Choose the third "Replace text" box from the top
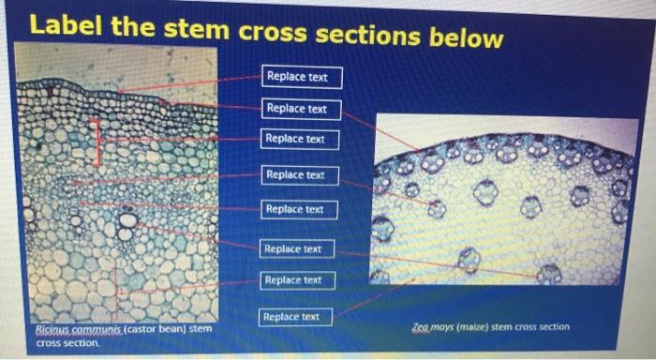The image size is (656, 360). click(x=296, y=139)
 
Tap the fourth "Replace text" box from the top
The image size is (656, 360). click(x=295, y=174)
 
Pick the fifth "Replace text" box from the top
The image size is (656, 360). click(x=295, y=208)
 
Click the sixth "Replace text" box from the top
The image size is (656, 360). click(x=293, y=248)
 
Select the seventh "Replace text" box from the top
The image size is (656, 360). click(x=293, y=279)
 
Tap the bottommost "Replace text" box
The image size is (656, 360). click(x=291, y=317)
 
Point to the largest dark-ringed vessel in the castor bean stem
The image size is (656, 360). click(x=127, y=221)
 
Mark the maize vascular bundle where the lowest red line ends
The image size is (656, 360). click(x=548, y=274)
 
